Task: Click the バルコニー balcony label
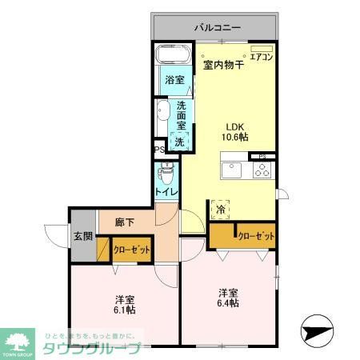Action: (217, 27)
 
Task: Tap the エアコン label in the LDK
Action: (262, 56)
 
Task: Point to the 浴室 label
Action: (174, 80)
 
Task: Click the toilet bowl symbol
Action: (166, 172)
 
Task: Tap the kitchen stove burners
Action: (262, 170)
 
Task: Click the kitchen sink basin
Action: (232, 170)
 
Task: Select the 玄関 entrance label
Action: (82, 236)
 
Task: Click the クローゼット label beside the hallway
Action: (131, 250)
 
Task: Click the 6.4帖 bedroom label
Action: (230, 298)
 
